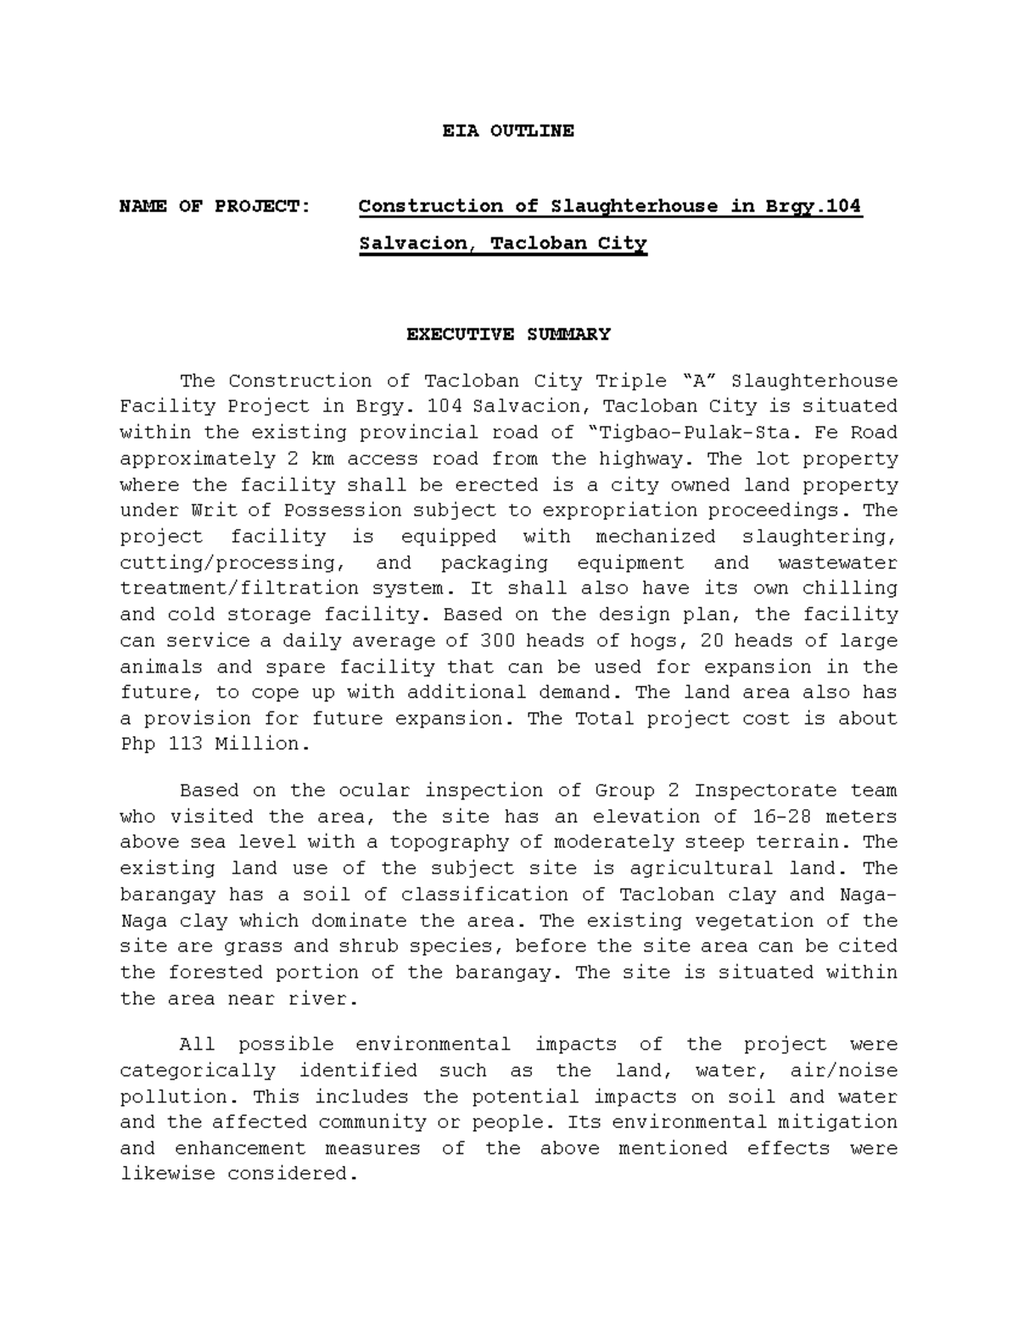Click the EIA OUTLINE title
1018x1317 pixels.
(x=508, y=131)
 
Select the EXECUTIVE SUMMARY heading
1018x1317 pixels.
(x=508, y=334)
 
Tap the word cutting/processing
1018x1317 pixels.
(x=228, y=563)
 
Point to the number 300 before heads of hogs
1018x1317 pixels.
(x=496, y=641)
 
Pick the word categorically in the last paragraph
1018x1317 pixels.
(x=199, y=1071)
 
